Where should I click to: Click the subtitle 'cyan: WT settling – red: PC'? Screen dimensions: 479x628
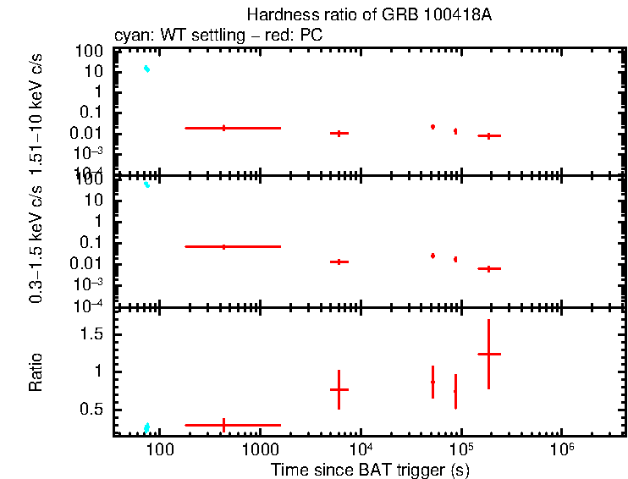click(x=218, y=36)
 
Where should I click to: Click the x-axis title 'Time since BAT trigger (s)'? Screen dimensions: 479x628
click(x=370, y=470)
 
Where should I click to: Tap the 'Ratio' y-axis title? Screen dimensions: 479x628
click(x=36, y=372)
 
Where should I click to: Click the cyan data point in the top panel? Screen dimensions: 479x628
click(x=146, y=69)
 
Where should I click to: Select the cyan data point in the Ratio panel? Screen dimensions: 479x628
click(x=146, y=427)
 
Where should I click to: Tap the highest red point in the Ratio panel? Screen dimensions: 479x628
click(x=488, y=354)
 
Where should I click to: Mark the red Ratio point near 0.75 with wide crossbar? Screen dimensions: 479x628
click(x=339, y=389)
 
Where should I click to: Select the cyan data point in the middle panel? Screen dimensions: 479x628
click(x=146, y=184)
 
